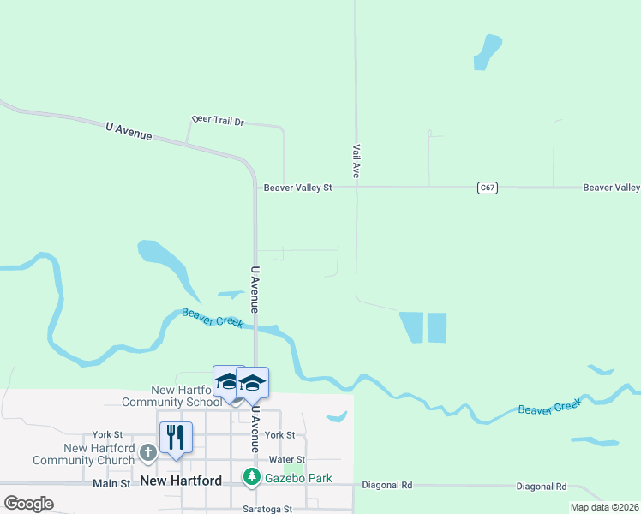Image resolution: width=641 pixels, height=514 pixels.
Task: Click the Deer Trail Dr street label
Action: point(218,122)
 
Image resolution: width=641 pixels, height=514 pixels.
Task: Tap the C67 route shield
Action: point(488,187)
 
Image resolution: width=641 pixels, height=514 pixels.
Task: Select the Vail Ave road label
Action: point(355,161)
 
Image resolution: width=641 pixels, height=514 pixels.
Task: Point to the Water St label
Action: point(287,460)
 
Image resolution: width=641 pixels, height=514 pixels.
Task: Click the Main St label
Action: point(112,484)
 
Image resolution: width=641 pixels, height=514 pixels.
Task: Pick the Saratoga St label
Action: point(265,509)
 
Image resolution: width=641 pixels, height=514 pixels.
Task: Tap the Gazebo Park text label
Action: point(298,478)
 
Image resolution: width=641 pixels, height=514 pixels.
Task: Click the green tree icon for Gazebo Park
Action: point(251,477)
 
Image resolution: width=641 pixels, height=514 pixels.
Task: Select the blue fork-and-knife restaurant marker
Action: point(176,437)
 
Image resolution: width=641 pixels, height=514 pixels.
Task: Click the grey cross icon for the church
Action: point(147,451)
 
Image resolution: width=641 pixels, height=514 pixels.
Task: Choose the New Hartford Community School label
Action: point(171,396)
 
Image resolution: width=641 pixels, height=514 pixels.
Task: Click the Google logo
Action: point(28,504)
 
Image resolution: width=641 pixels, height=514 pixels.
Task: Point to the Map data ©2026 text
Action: point(604,507)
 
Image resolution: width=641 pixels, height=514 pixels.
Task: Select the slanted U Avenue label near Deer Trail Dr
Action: point(129,131)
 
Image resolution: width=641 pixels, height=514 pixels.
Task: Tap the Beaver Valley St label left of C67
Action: point(297,188)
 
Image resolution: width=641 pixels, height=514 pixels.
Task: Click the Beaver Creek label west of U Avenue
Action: point(213,318)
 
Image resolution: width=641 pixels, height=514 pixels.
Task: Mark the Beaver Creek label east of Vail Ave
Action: point(549,406)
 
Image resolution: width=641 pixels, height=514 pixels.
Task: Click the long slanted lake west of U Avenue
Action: point(168,262)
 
